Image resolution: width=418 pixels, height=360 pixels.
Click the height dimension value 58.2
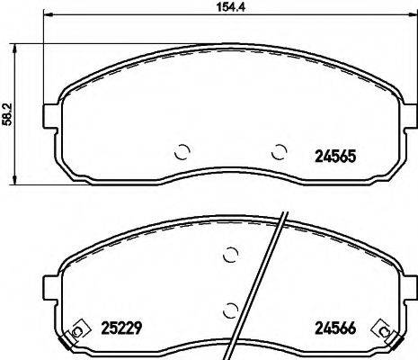tap(8, 116)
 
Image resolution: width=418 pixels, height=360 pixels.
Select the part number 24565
tap(335, 155)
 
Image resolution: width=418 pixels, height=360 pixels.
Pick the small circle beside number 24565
tap(280, 151)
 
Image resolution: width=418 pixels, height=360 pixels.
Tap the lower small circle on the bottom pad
tap(231, 310)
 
